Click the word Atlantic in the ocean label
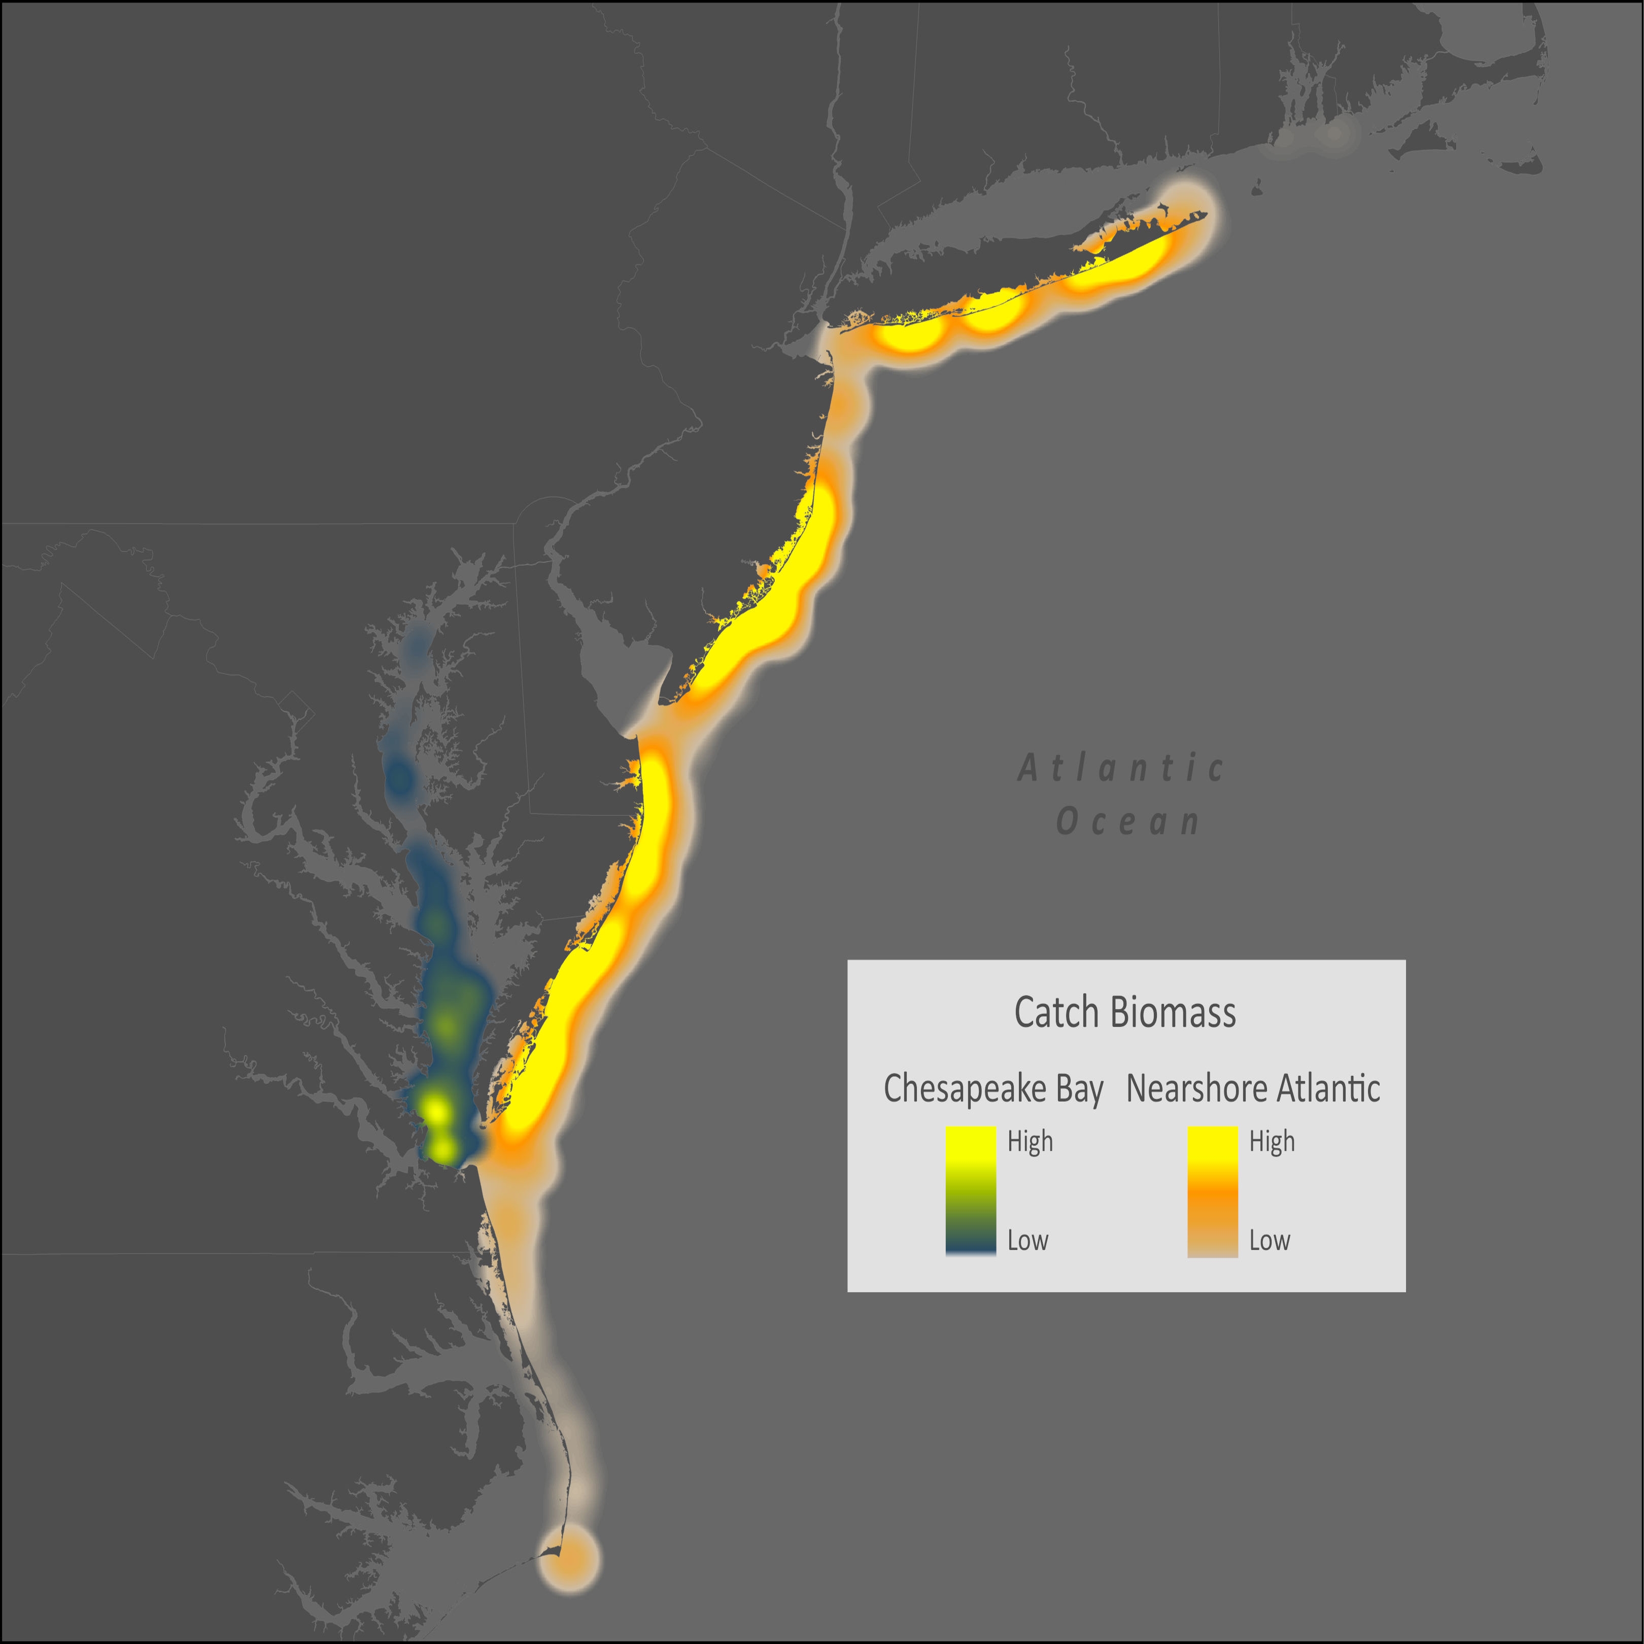[x=1121, y=768]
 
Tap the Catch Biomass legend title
[x=1125, y=1013]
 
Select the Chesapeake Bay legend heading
[x=993, y=1088]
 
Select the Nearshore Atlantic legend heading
[x=1253, y=1088]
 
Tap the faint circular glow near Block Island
[x=1335, y=133]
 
